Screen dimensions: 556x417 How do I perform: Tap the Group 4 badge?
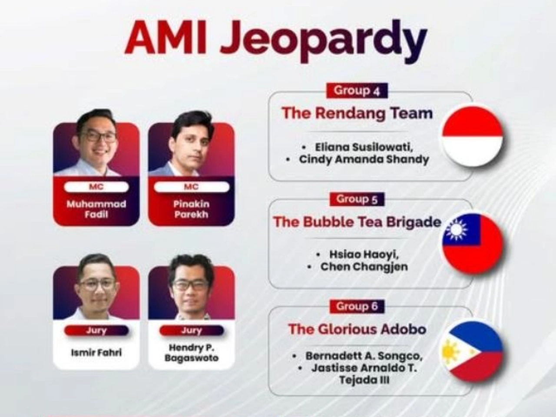point(357,90)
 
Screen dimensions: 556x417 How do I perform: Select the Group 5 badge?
point(357,199)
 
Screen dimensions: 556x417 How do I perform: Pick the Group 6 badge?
point(357,306)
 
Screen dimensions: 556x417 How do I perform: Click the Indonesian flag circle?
point(473,136)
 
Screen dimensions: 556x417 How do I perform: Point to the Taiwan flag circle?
point(473,243)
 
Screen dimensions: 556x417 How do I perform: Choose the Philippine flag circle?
point(473,352)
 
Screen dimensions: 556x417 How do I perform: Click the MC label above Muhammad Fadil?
point(96,187)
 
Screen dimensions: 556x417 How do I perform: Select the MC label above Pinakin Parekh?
point(191,187)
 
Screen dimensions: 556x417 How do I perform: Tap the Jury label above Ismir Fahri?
point(96,331)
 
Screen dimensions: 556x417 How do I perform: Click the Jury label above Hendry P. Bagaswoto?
point(192,331)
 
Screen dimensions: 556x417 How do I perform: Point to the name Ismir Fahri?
point(96,352)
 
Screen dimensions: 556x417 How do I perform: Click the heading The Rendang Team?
point(357,113)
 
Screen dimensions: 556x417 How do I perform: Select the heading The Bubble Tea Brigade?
point(357,222)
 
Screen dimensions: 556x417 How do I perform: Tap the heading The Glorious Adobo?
point(357,329)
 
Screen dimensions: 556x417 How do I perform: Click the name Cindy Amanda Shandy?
point(364,159)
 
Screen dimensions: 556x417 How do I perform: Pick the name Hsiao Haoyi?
point(364,254)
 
